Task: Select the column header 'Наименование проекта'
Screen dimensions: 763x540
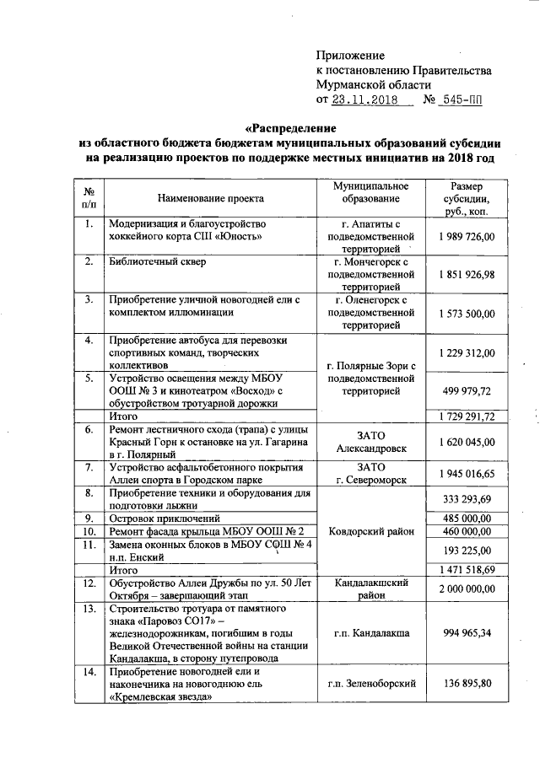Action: click(x=209, y=199)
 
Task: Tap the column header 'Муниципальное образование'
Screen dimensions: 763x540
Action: click(x=364, y=191)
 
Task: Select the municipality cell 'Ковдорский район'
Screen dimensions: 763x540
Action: click(x=364, y=531)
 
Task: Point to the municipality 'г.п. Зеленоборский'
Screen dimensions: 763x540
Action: click(x=364, y=685)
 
